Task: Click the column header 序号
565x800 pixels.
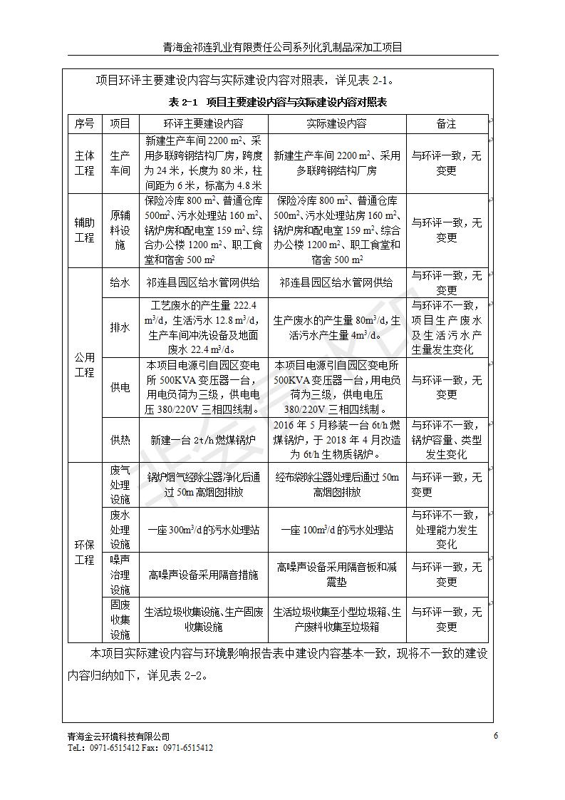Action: click(x=84, y=123)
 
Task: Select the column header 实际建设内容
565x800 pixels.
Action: click(x=336, y=123)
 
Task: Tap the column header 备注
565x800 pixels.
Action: click(x=447, y=123)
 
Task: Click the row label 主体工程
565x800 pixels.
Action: click(x=84, y=163)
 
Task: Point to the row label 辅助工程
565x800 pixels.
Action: click(x=84, y=230)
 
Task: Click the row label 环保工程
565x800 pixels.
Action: click(x=84, y=552)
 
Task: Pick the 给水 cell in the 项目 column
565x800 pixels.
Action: click(x=120, y=282)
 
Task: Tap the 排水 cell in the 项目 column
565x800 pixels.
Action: click(x=120, y=327)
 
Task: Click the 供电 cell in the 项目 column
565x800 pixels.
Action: click(x=120, y=387)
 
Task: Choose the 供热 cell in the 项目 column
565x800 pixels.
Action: click(x=120, y=440)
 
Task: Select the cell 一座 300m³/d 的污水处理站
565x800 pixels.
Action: click(x=203, y=530)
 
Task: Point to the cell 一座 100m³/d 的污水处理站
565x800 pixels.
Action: click(x=336, y=530)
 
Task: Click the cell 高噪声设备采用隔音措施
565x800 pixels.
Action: click(x=203, y=574)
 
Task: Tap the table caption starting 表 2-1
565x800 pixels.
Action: click(x=279, y=102)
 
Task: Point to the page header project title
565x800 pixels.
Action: click(x=282, y=48)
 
